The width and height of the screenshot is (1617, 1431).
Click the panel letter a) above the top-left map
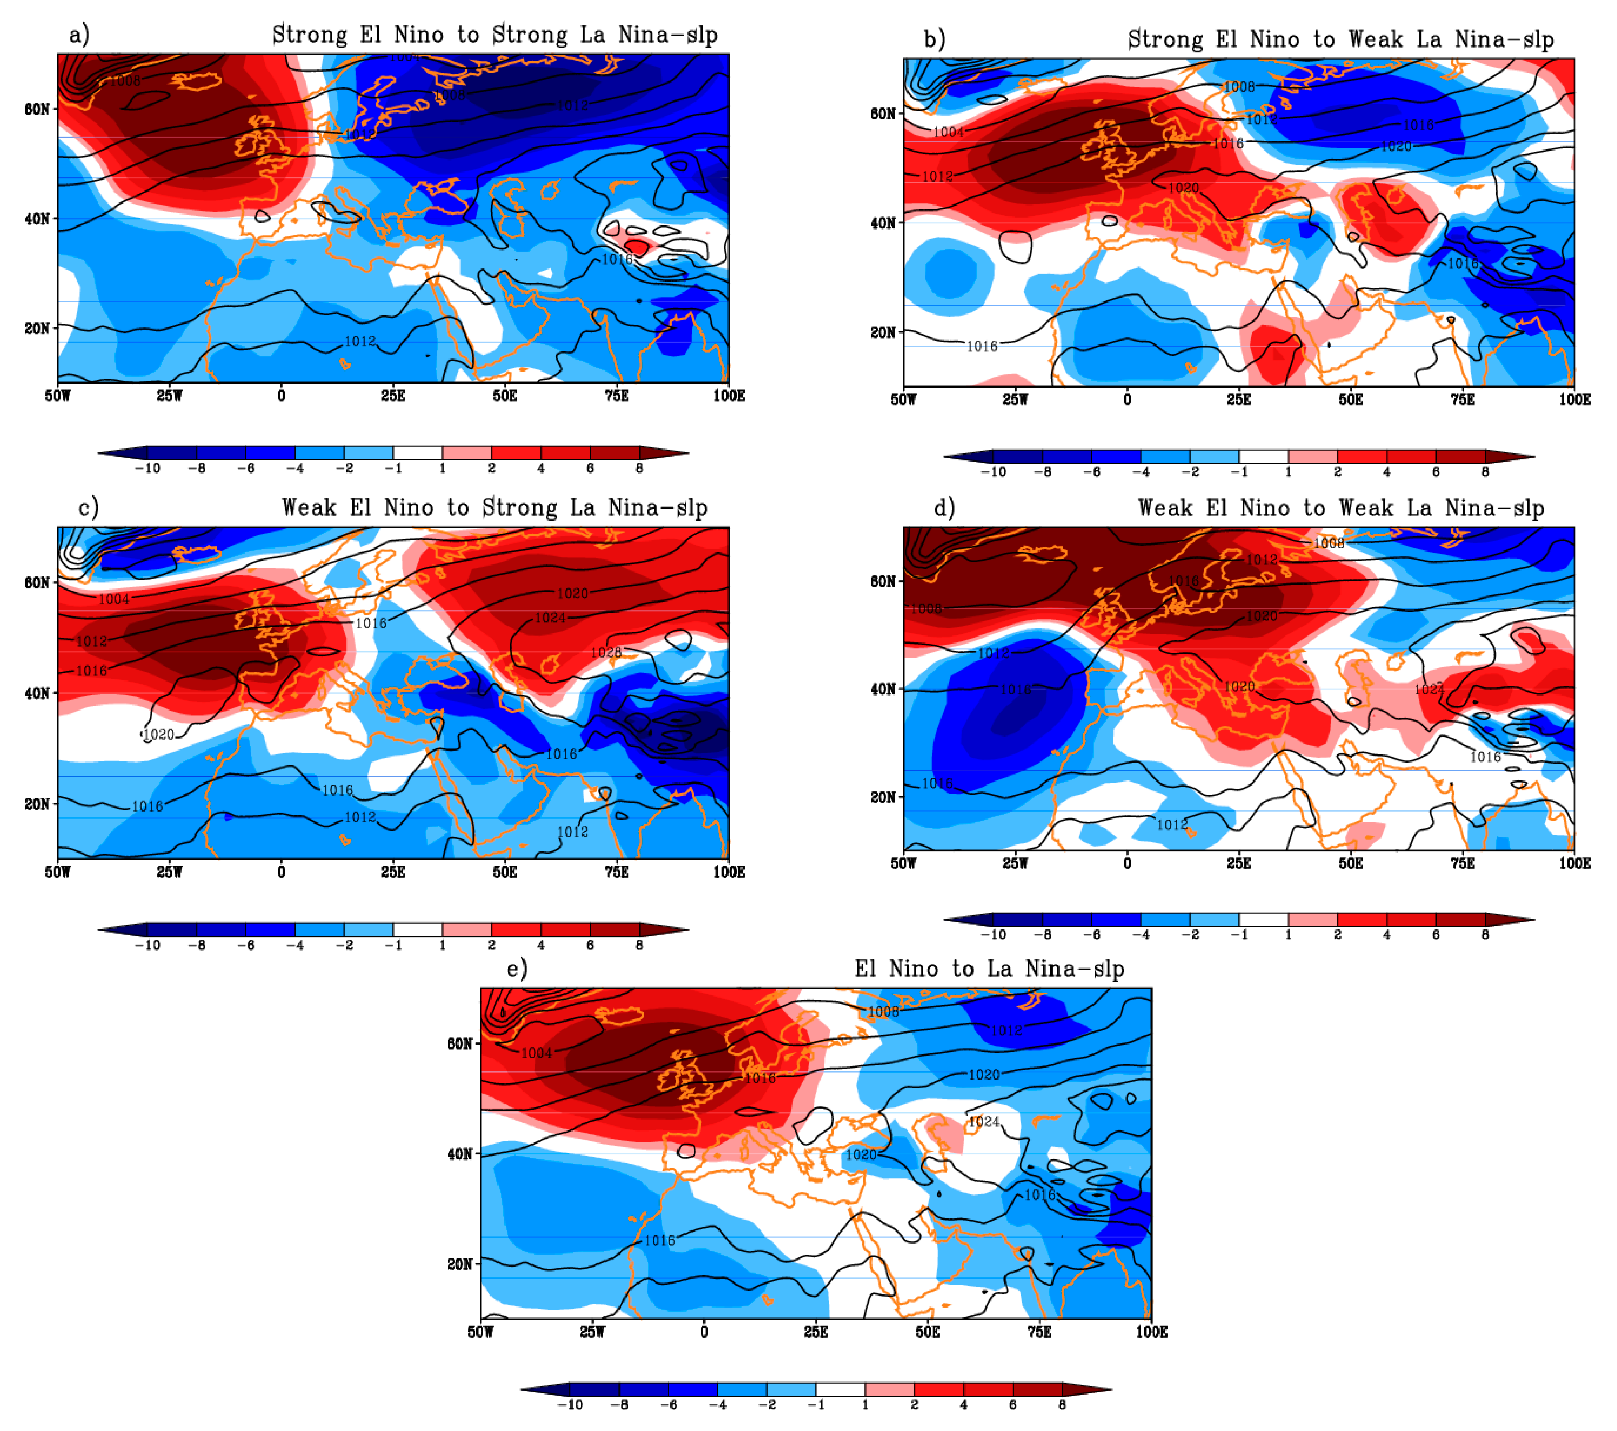[79, 35]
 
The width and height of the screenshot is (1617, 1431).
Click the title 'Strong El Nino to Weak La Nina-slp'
[1340, 40]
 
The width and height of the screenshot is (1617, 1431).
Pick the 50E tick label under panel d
[1350, 863]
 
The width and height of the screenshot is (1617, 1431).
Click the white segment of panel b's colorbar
[1264, 457]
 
